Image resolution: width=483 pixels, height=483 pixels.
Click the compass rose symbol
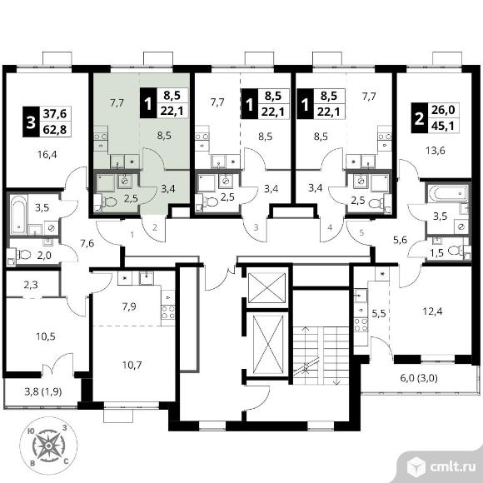point(48,446)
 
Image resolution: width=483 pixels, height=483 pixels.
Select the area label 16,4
point(47,154)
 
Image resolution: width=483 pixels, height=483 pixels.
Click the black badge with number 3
point(31,122)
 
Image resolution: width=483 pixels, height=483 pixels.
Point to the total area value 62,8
point(55,129)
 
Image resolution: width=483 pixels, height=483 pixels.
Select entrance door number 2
point(155,227)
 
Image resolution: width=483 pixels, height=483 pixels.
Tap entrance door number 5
point(361,232)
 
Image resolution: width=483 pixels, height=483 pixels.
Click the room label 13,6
point(436,151)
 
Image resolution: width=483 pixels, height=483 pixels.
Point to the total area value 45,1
point(443,126)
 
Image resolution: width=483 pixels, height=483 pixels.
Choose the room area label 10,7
point(132,365)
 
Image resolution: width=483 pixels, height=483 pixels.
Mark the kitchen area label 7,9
point(129,306)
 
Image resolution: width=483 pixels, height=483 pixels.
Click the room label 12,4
point(432,311)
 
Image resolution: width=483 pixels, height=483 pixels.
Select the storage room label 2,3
point(31,285)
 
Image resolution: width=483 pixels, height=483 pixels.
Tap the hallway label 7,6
point(87,244)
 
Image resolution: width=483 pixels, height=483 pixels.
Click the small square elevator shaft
point(266,286)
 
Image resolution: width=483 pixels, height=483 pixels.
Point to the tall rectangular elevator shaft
point(267,344)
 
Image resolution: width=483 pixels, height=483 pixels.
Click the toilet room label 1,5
point(437,253)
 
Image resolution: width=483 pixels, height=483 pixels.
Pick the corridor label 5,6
point(400,240)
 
